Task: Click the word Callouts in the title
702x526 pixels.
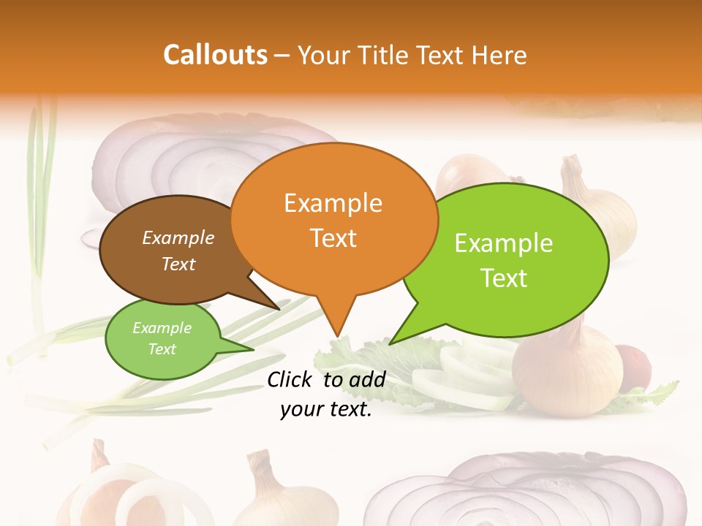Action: pyautogui.click(x=215, y=55)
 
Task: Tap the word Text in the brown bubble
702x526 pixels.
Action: pyautogui.click(x=178, y=264)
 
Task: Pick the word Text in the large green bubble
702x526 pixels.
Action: pyautogui.click(x=504, y=278)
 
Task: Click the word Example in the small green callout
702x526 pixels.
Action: pyautogui.click(x=162, y=328)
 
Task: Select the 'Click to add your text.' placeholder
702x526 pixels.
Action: pyautogui.click(x=326, y=394)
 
